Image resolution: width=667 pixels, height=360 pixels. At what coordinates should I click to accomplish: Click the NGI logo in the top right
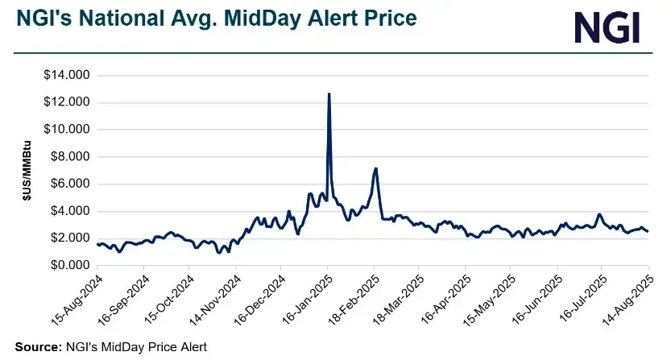tap(607, 27)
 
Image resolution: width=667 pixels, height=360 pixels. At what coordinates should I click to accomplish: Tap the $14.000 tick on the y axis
tap(67, 76)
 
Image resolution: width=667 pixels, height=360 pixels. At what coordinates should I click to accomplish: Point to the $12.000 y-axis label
tap(67, 102)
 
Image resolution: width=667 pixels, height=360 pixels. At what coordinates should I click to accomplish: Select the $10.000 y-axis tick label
tap(67, 130)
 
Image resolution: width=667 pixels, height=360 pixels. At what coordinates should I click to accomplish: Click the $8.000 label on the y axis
tap(70, 157)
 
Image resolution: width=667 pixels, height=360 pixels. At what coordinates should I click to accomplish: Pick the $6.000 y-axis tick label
tap(70, 184)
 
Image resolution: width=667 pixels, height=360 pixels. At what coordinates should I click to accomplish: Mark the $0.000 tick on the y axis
tap(70, 266)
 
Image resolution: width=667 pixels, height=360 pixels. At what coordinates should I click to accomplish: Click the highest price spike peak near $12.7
tap(329, 94)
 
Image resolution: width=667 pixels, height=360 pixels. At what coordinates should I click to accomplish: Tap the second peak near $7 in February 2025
tap(376, 168)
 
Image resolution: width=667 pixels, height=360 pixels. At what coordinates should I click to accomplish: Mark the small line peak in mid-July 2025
tap(599, 214)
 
